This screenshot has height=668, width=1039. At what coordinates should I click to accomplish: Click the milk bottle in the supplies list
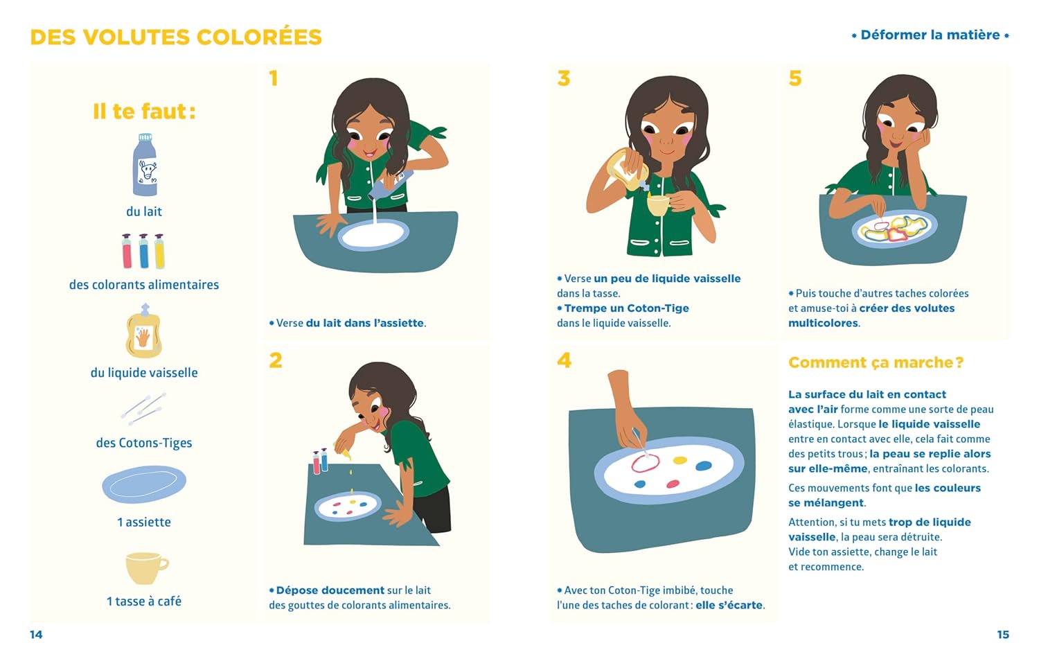click(x=145, y=165)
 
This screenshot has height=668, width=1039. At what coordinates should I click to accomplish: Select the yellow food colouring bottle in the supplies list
click(x=159, y=252)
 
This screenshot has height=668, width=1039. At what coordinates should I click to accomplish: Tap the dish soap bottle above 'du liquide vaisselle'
click(x=144, y=331)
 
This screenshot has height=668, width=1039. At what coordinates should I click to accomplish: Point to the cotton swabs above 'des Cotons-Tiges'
click(x=144, y=408)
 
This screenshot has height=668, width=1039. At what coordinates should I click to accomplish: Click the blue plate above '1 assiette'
click(x=144, y=484)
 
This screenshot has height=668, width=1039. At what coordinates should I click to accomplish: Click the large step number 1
click(x=274, y=78)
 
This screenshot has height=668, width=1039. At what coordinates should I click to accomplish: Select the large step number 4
click(x=564, y=360)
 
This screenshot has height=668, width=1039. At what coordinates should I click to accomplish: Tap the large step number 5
click(x=795, y=78)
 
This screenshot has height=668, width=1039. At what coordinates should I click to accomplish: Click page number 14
click(x=36, y=635)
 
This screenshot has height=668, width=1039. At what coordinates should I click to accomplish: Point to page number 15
click(x=1003, y=635)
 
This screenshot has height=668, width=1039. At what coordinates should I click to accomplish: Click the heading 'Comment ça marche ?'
click(x=876, y=362)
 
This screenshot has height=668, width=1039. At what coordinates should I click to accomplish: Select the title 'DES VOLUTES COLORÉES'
click(x=176, y=37)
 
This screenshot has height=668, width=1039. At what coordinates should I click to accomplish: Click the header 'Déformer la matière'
click(x=930, y=35)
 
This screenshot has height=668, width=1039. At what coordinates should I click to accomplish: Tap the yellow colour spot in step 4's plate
click(x=680, y=460)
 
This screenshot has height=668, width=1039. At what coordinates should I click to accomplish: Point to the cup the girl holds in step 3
click(x=659, y=204)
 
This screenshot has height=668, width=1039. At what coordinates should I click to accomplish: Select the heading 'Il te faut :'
click(x=144, y=112)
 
